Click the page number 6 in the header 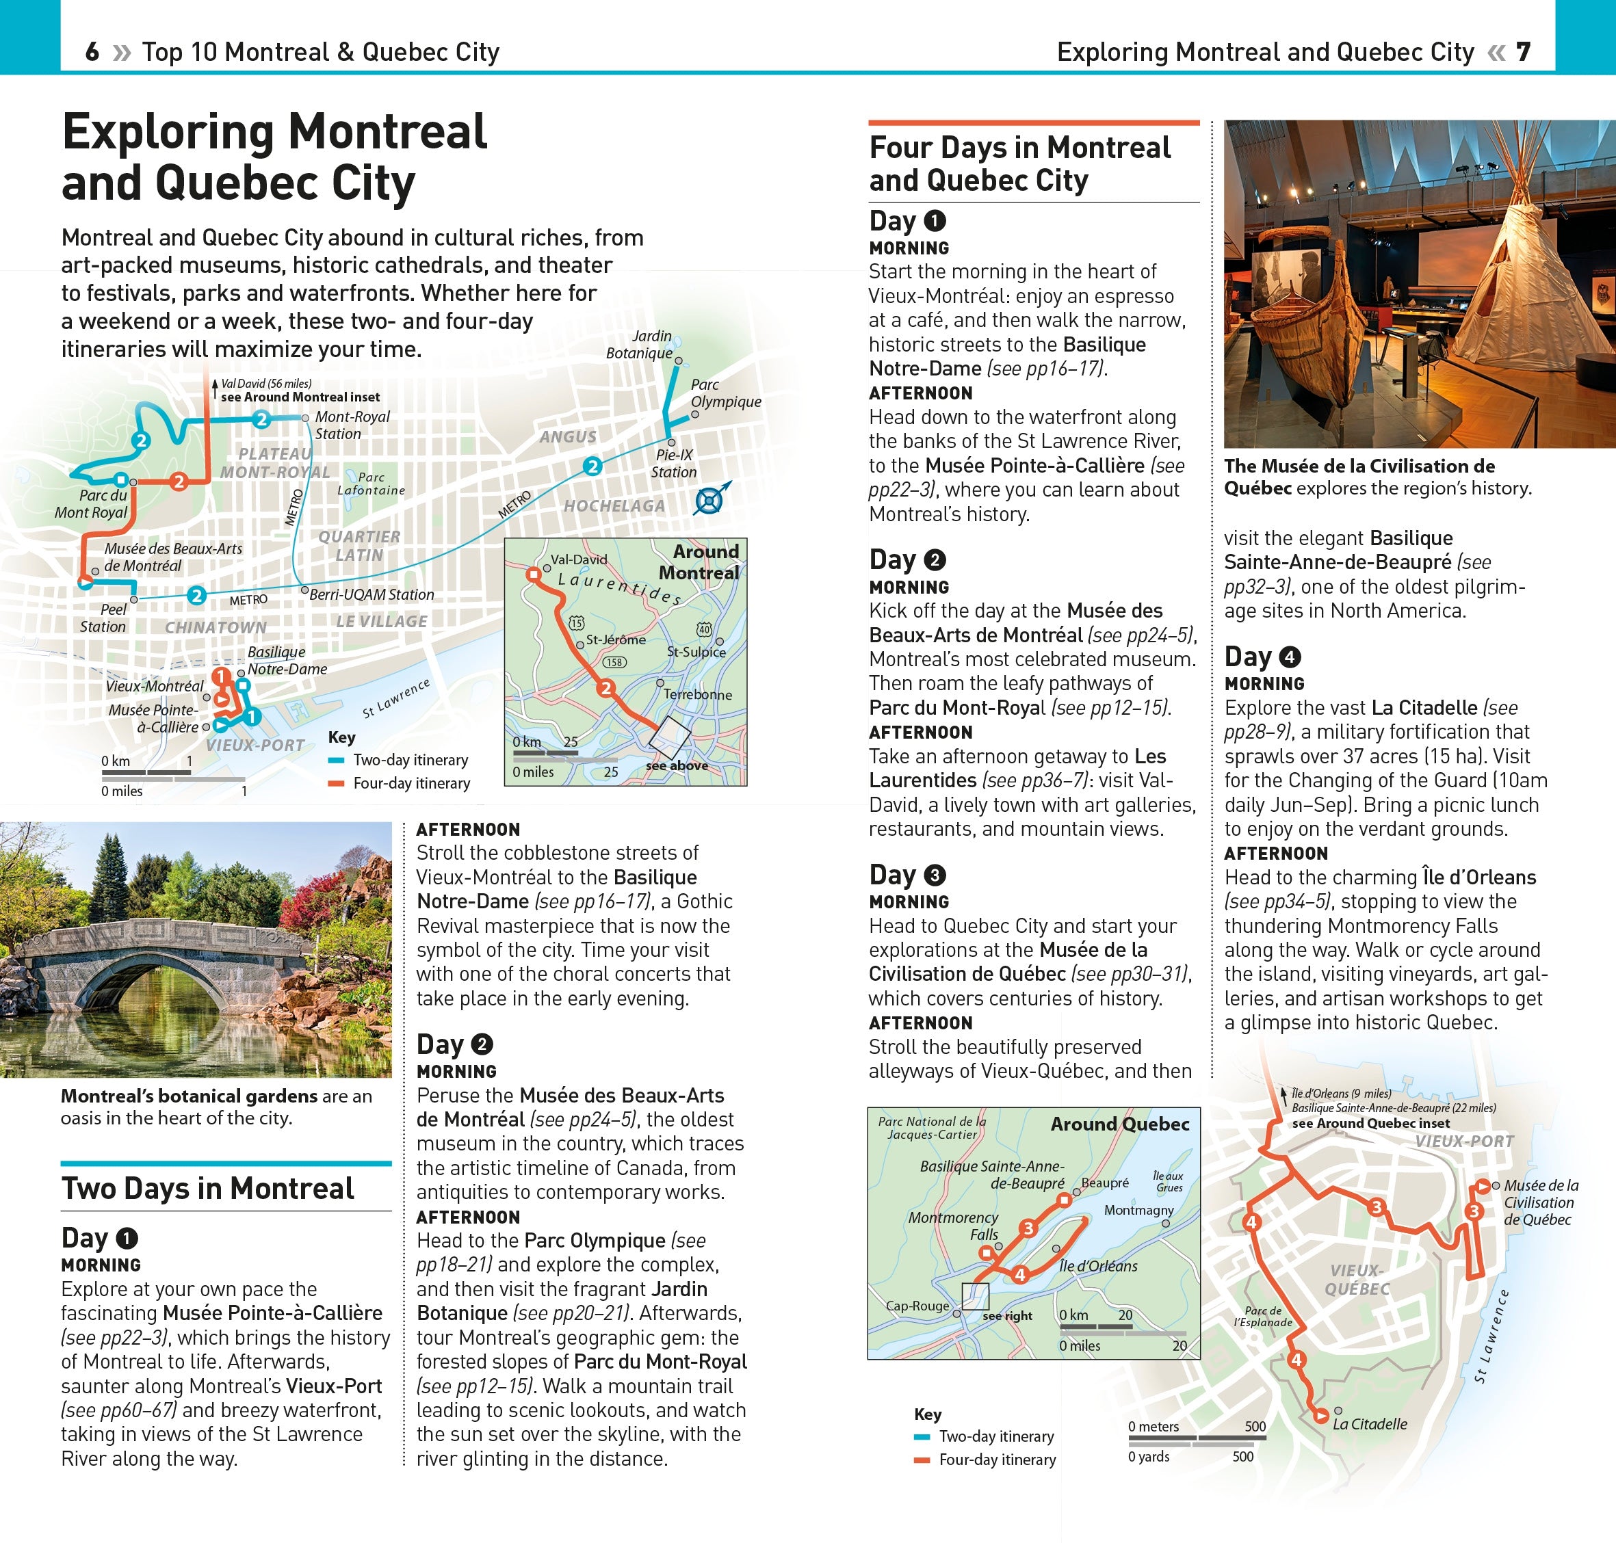(92, 52)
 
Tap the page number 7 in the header (1523, 52)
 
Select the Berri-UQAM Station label (372, 594)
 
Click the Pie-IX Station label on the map (674, 463)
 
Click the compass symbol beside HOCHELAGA (709, 500)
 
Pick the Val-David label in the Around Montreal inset (578, 559)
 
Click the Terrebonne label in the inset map (697, 694)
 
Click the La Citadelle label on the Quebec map (1370, 1424)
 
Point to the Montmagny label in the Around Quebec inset (1138, 1210)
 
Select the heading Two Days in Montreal (207, 1189)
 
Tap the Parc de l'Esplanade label (1262, 1316)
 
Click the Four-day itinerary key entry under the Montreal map (410, 783)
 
